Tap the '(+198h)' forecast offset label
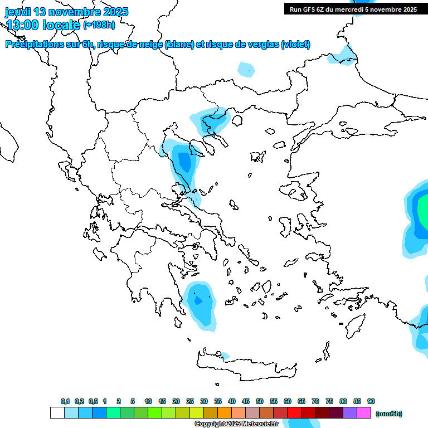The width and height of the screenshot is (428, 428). [99, 25]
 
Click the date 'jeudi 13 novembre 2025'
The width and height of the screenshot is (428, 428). [66, 12]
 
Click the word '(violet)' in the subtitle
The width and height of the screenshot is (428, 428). [296, 45]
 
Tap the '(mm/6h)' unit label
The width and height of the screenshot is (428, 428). [388, 414]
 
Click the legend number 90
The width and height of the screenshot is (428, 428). [371, 401]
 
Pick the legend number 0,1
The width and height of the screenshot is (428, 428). [65, 401]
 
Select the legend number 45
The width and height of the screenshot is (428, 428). [246, 401]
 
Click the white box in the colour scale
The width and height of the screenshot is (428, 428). [57, 413]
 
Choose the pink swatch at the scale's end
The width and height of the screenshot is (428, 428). [364, 413]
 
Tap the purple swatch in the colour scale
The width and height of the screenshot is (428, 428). [350, 413]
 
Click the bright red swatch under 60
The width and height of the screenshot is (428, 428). [294, 413]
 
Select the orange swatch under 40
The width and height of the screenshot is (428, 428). [225, 413]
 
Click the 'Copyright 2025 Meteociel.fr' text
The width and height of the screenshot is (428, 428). [237, 424]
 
